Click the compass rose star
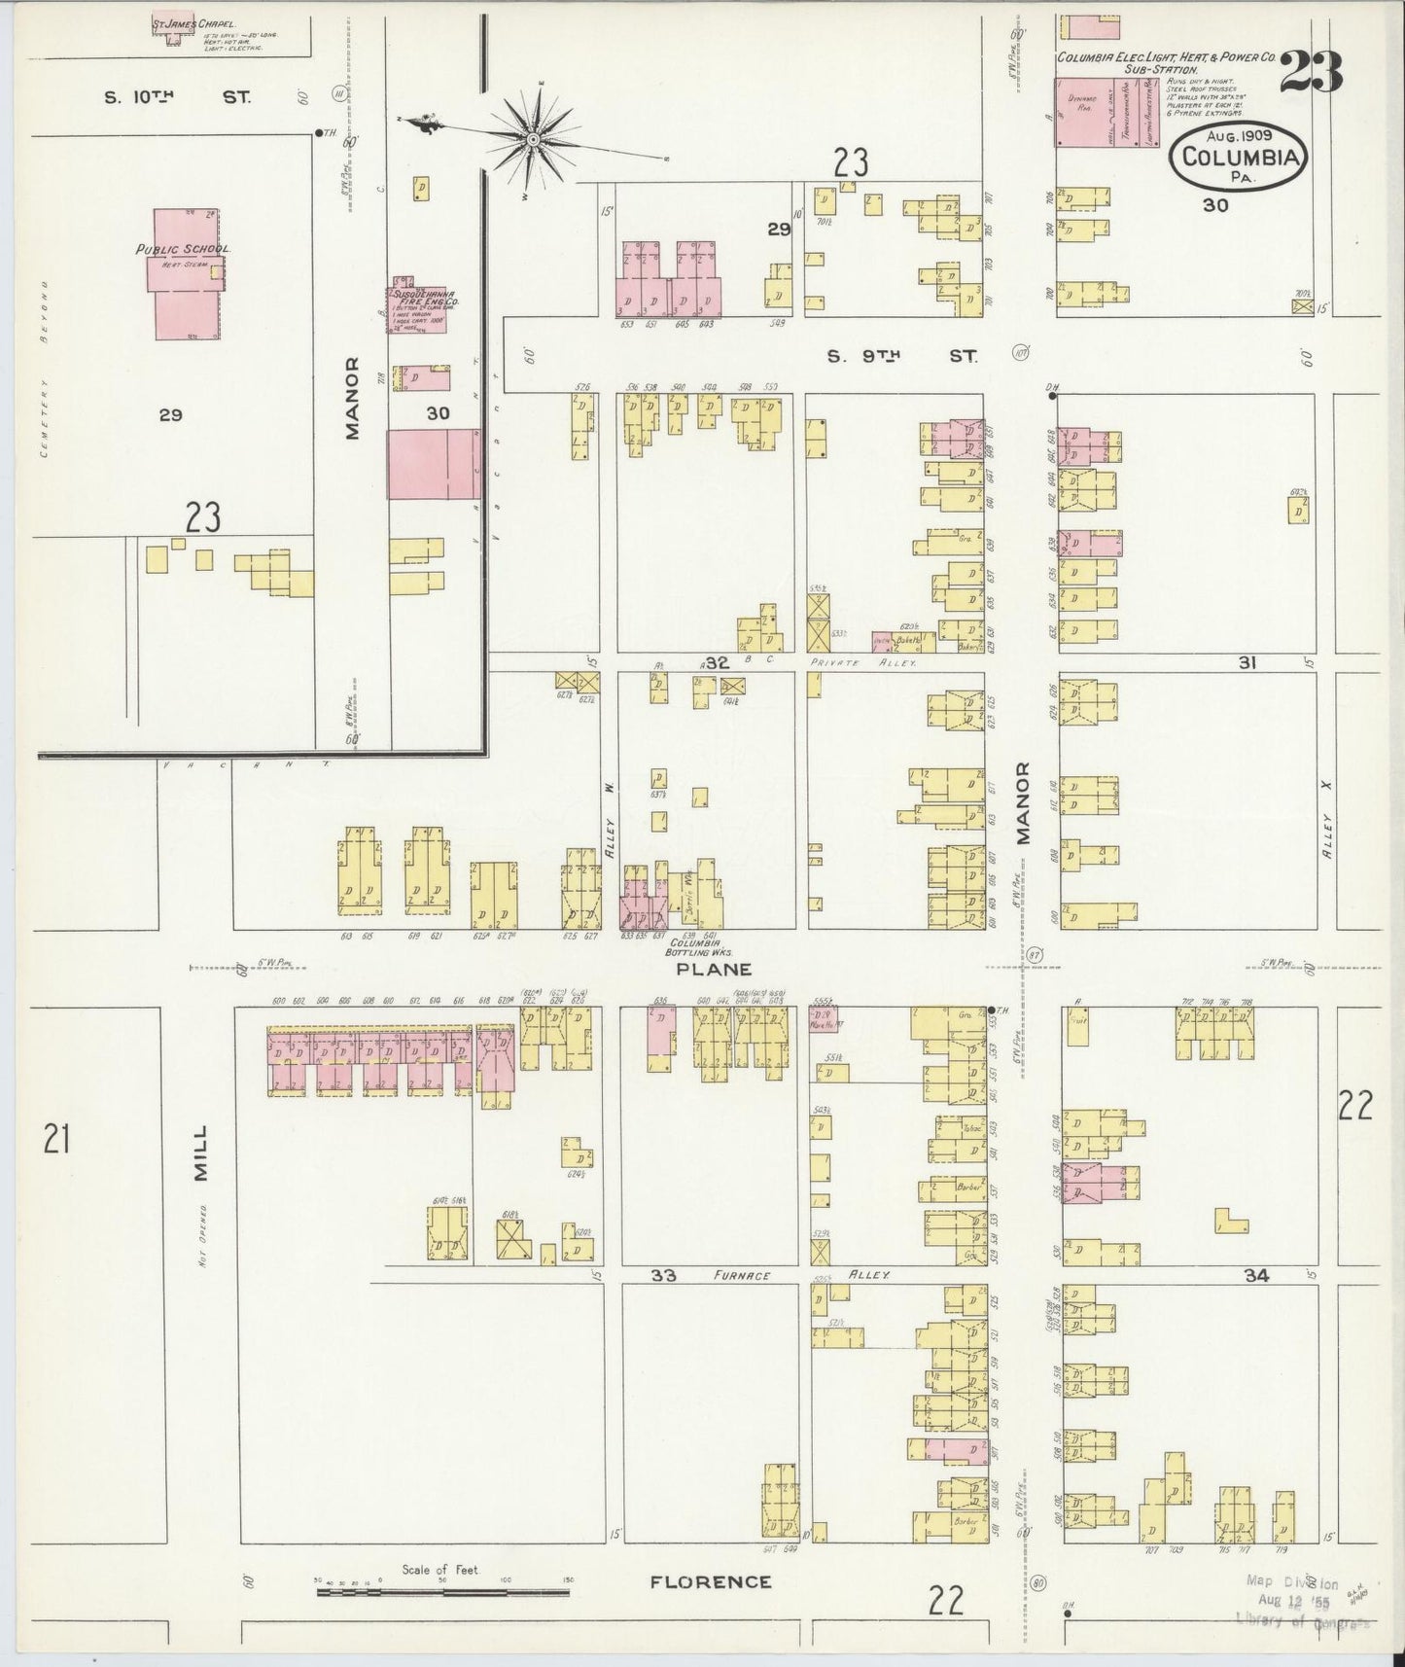[533, 140]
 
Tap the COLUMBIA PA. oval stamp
[1239, 157]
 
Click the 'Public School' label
[182, 249]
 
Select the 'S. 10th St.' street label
[177, 97]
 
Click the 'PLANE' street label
[715, 969]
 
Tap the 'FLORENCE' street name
[710, 1582]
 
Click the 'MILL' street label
[200, 1153]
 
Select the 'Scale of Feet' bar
[442, 1592]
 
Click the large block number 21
[56, 1137]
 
